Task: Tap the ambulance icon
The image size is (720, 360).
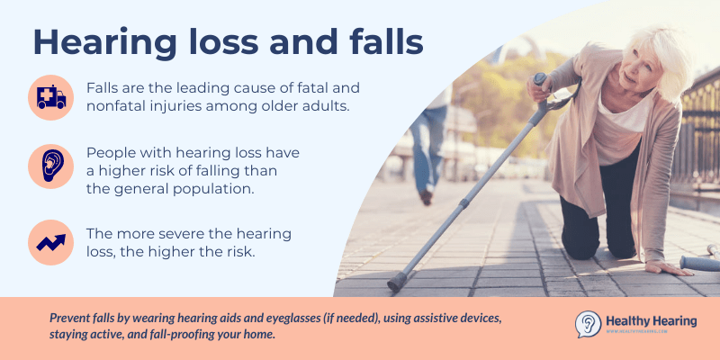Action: [51, 97]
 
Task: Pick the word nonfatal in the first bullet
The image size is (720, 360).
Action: [121, 106]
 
